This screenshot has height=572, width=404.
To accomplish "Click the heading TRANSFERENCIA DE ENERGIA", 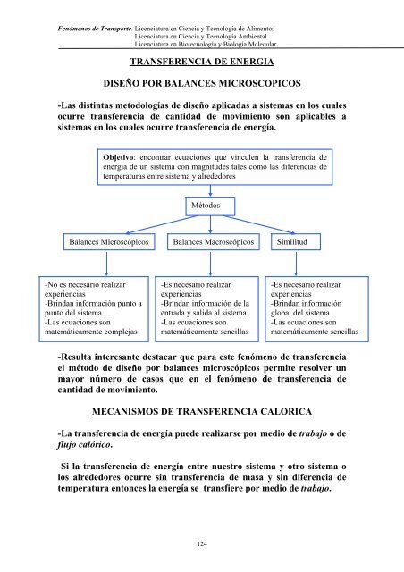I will [202, 63].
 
